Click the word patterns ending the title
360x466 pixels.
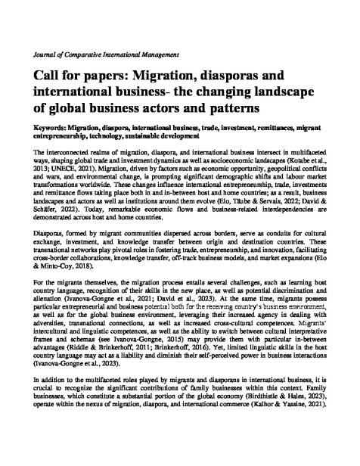[228, 110]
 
